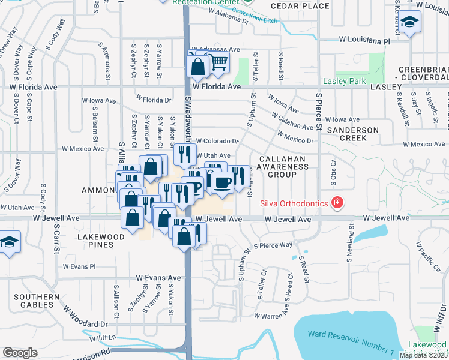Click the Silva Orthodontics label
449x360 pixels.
[x=294, y=203]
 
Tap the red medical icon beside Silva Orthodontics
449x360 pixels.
[x=337, y=203]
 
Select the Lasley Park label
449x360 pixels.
[x=344, y=81]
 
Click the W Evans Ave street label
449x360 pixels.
[x=158, y=278]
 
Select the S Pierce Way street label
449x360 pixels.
[x=273, y=245]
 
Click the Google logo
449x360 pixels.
[x=20, y=352]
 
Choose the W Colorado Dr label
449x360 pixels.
[x=217, y=141]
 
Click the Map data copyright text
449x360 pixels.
[x=423, y=355]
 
